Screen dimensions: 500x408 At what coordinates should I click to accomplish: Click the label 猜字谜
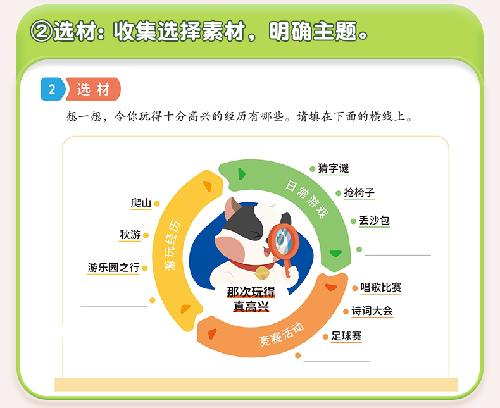point(333,168)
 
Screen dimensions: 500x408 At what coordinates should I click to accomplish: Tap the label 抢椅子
point(359,192)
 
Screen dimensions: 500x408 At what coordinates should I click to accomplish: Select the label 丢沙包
point(374,220)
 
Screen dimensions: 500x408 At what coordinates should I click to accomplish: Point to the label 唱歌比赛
point(381,288)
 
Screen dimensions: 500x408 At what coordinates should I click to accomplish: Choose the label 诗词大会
point(372,311)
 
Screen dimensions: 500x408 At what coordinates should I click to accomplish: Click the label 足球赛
point(346,336)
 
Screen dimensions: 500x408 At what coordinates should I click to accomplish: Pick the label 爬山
point(141,203)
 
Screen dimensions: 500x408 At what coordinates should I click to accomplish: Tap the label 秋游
point(130,235)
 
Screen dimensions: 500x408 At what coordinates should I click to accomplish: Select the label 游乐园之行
point(113,267)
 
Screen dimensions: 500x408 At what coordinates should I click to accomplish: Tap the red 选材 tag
point(93,89)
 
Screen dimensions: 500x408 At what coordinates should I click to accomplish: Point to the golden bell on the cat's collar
point(262,273)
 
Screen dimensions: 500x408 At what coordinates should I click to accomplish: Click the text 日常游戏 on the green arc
point(306,199)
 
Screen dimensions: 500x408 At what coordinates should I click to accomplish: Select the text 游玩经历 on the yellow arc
point(172,245)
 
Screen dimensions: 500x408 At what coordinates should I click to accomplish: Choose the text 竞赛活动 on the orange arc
point(281,335)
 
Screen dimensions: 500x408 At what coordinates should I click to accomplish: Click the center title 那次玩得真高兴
point(251,299)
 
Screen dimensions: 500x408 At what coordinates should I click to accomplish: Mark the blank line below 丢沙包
point(397,255)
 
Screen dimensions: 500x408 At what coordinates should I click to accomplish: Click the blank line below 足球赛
point(337,361)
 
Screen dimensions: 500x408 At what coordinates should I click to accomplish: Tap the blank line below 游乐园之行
point(114,306)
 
